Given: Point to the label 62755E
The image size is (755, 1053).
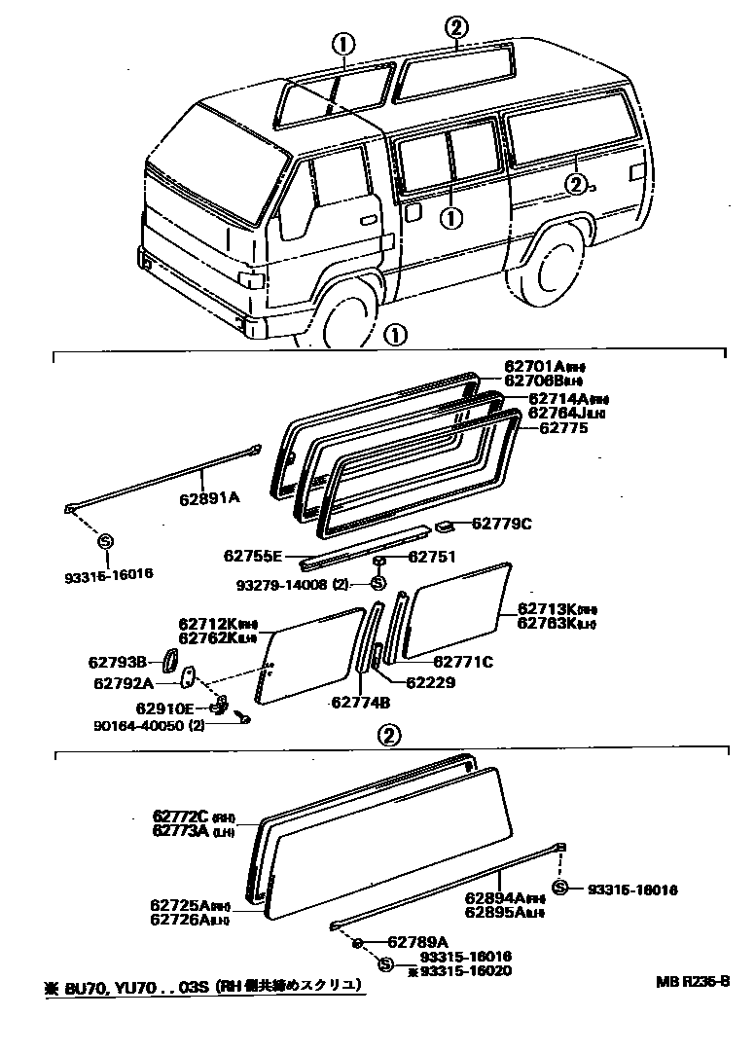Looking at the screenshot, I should (x=252, y=557).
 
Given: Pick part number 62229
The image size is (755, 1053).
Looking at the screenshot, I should (x=431, y=682).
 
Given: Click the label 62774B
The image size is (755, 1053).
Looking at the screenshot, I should (x=360, y=702).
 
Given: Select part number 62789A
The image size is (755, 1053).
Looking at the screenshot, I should (x=417, y=942).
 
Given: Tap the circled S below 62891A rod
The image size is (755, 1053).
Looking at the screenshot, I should (x=106, y=541).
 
